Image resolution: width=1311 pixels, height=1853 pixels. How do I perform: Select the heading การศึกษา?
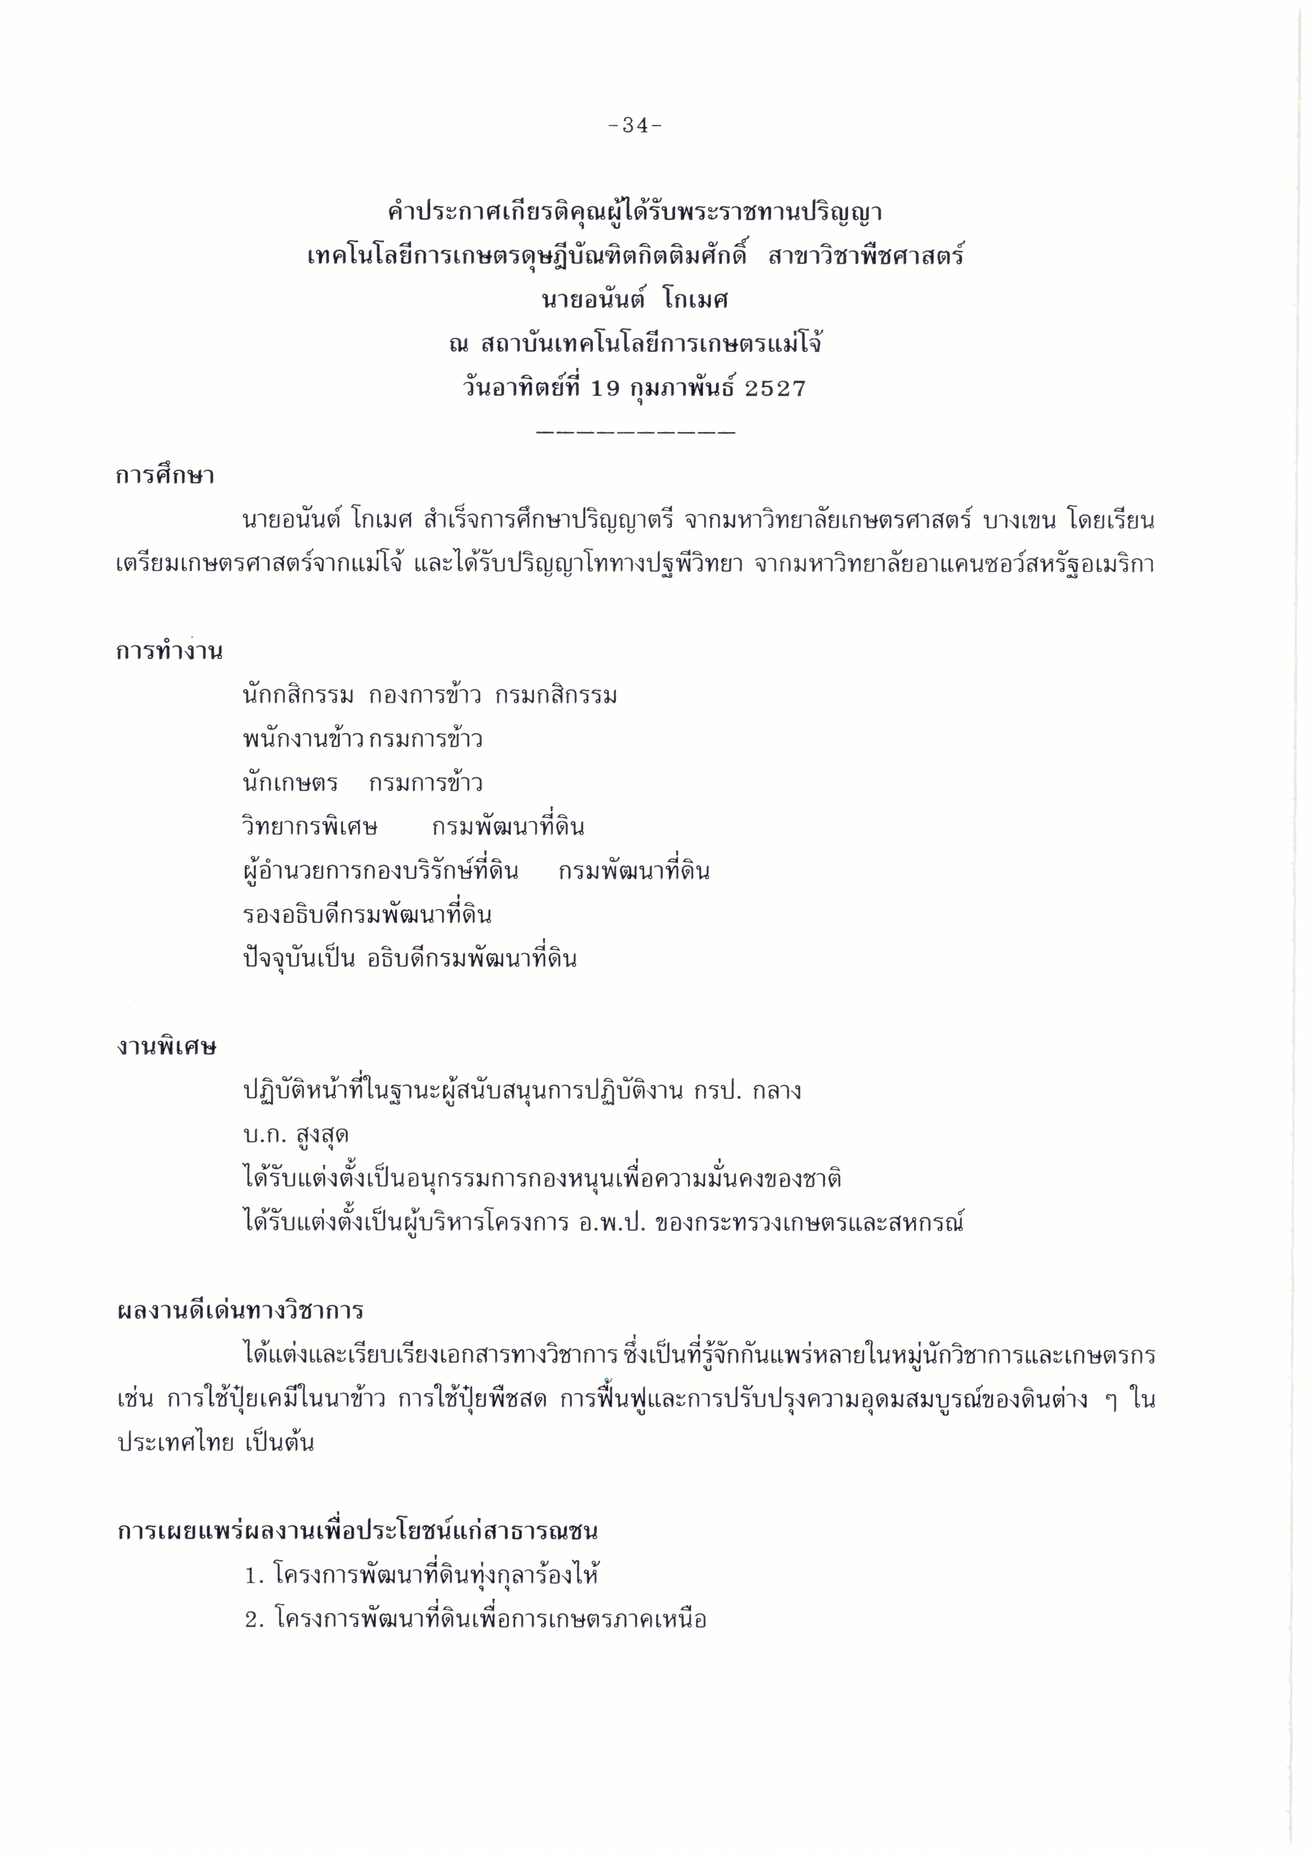click(165, 475)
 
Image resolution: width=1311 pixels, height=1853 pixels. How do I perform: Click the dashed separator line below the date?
click(635, 433)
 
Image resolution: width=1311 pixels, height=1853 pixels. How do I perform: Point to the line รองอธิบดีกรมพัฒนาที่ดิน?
click(367, 915)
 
